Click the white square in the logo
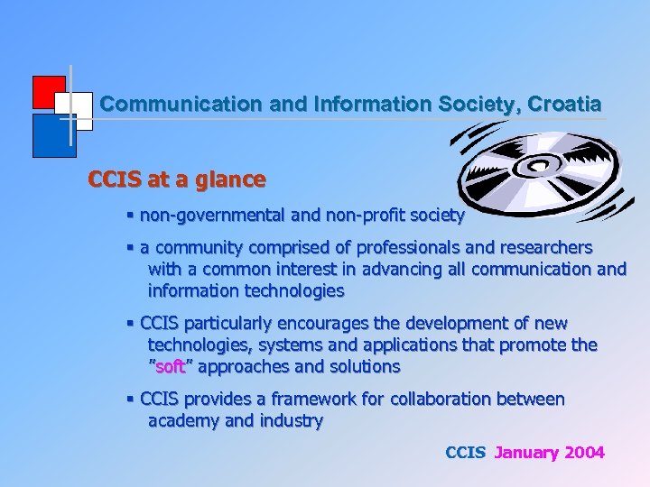pos(77,107)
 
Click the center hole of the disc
pos(543,165)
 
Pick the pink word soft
pos(171,367)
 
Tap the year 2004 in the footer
pos(584,453)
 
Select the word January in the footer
pos(526,453)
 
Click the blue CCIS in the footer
pos(466,453)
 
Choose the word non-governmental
pos(209,216)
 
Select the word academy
pos(182,421)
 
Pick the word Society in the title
pos(472,104)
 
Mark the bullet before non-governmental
pos(131,216)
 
